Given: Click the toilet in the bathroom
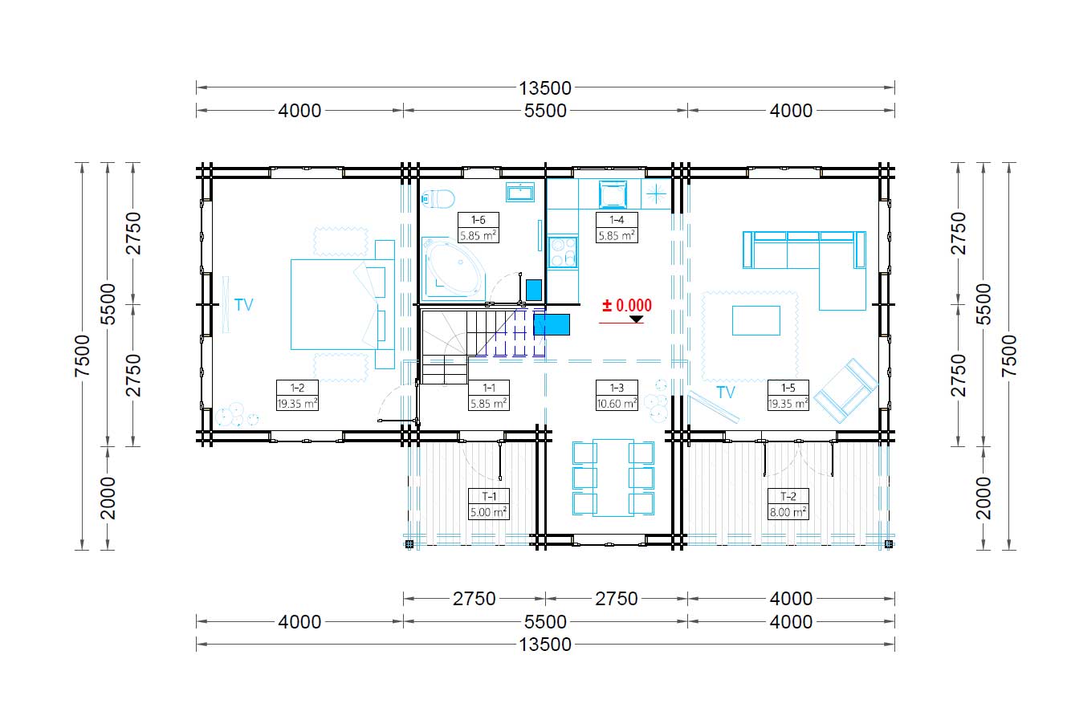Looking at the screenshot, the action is (x=438, y=198).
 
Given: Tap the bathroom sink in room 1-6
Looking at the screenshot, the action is (x=519, y=192).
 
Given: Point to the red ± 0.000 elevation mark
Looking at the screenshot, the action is (x=627, y=305).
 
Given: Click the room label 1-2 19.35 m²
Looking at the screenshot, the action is (x=297, y=396).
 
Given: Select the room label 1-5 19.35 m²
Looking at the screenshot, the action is (x=788, y=396).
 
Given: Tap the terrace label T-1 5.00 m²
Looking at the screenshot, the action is (x=489, y=504).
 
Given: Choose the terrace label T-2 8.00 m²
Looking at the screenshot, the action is (x=788, y=504).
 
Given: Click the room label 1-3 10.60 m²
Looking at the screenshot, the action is (x=617, y=396).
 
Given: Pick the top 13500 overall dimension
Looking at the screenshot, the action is (x=545, y=88).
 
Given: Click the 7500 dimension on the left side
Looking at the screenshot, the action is (x=83, y=356).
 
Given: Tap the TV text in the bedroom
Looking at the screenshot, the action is (x=243, y=305).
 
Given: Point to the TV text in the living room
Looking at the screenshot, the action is (x=726, y=393).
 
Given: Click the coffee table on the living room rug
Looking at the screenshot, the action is (x=756, y=320).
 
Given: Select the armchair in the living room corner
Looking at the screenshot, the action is (x=846, y=391).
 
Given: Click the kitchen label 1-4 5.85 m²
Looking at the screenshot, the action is (x=617, y=227).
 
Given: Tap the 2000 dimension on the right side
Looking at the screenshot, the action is (x=984, y=498).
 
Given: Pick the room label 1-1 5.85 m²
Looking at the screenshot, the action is (x=489, y=396).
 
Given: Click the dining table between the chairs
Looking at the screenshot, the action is (x=613, y=478).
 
